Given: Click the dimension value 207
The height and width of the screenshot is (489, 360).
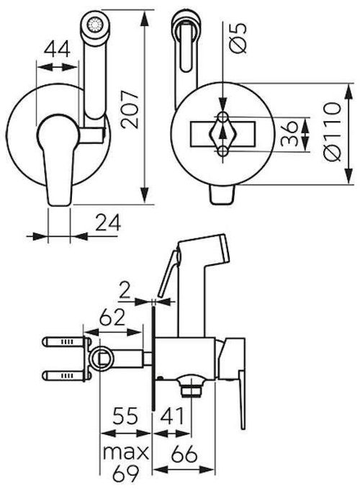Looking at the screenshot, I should point(130,109).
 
